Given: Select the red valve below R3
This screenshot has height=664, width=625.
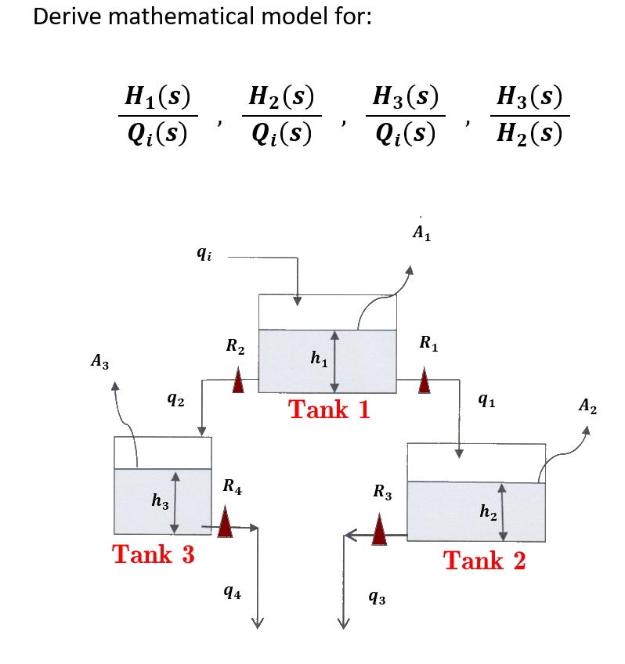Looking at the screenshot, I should pyautogui.click(x=379, y=530).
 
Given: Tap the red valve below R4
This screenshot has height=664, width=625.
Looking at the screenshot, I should pyautogui.click(x=226, y=521).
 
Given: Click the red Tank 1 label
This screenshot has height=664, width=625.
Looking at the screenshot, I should pyautogui.click(x=329, y=409).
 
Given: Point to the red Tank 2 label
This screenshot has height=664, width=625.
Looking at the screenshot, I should pyautogui.click(x=484, y=561).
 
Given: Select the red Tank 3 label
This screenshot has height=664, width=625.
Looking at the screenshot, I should pyautogui.click(x=154, y=554).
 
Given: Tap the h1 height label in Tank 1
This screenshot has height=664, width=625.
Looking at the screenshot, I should pyautogui.click(x=318, y=359).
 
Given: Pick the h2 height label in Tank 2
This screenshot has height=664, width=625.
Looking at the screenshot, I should pyautogui.click(x=486, y=512).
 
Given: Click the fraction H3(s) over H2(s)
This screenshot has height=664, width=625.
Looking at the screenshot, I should pyautogui.click(x=530, y=116).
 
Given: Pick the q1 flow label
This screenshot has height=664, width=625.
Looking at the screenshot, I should pyautogui.click(x=486, y=401).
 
